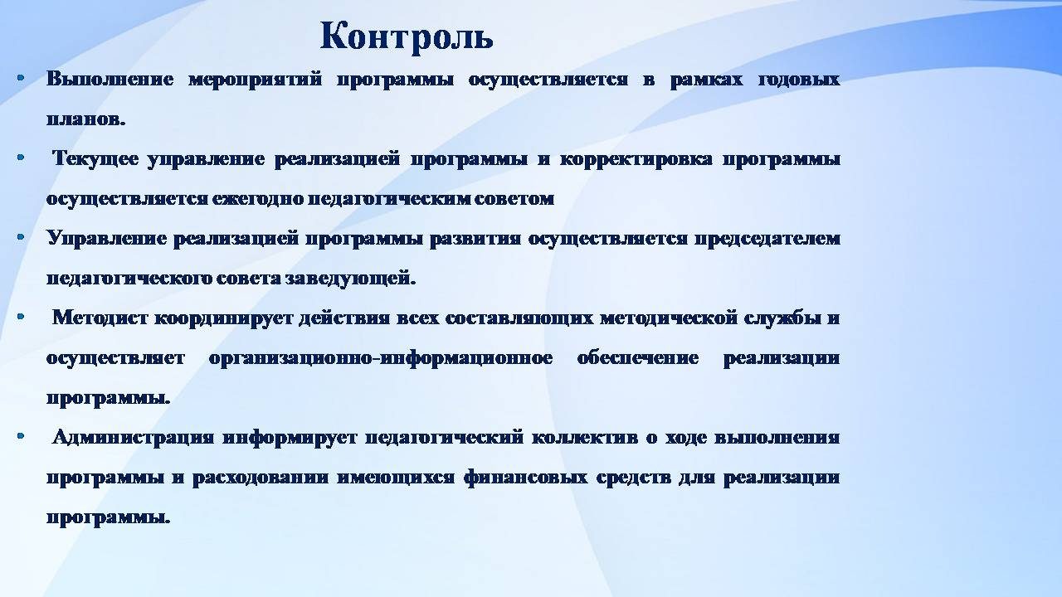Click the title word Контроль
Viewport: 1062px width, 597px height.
(x=407, y=37)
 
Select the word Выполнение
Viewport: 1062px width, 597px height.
(x=110, y=79)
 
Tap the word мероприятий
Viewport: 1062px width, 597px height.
(x=255, y=80)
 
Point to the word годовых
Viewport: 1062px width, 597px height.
(x=799, y=80)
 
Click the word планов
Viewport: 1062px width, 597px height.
(x=85, y=119)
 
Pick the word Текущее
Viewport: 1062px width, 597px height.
(x=95, y=158)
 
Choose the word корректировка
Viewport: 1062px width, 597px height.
(x=636, y=159)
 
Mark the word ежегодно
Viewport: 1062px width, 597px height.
(x=258, y=199)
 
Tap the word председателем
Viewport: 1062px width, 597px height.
(x=767, y=239)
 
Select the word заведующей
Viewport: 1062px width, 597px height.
(x=350, y=279)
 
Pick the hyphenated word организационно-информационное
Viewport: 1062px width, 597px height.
(x=381, y=358)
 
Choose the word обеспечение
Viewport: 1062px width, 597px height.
(x=638, y=358)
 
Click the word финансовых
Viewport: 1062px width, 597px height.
(x=525, y=477)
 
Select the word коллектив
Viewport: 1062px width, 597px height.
(x=585, y=437)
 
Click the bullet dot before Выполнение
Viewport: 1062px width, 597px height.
(x=21, y=77)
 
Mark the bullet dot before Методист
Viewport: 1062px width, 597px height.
(x=21, y=316)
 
